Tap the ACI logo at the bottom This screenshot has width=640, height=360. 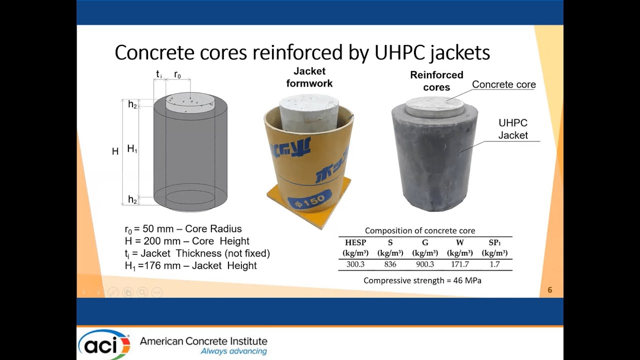tap(104, 344)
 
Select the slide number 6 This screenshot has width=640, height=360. tap(550, 290)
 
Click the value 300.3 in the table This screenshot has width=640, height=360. tap(355, 264)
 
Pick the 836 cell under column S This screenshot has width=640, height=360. tap(390, 264)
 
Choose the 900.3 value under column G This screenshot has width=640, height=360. tap(425, 264)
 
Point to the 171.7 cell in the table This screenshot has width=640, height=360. tap(459, 264)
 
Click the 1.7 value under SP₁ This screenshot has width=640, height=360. tap(494, 264)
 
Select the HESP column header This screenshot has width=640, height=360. tap(355, 243)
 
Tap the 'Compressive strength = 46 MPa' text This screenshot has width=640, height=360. tap(422, 280)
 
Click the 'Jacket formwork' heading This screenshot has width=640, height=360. tap(309, 77)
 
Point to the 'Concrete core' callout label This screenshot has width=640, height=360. tap(503, 84)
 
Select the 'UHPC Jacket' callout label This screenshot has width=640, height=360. tap(513, 129)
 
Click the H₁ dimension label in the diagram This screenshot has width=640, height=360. tap(132, 148)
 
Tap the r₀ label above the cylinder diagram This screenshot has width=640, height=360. tap(177, 75)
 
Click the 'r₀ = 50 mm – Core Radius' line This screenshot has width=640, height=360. tap(183, 229)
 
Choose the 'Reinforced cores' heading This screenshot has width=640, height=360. tap(436, 81)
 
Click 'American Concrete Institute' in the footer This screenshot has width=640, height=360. tap(203, 341)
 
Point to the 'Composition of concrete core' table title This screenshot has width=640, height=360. tap(420, 230)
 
